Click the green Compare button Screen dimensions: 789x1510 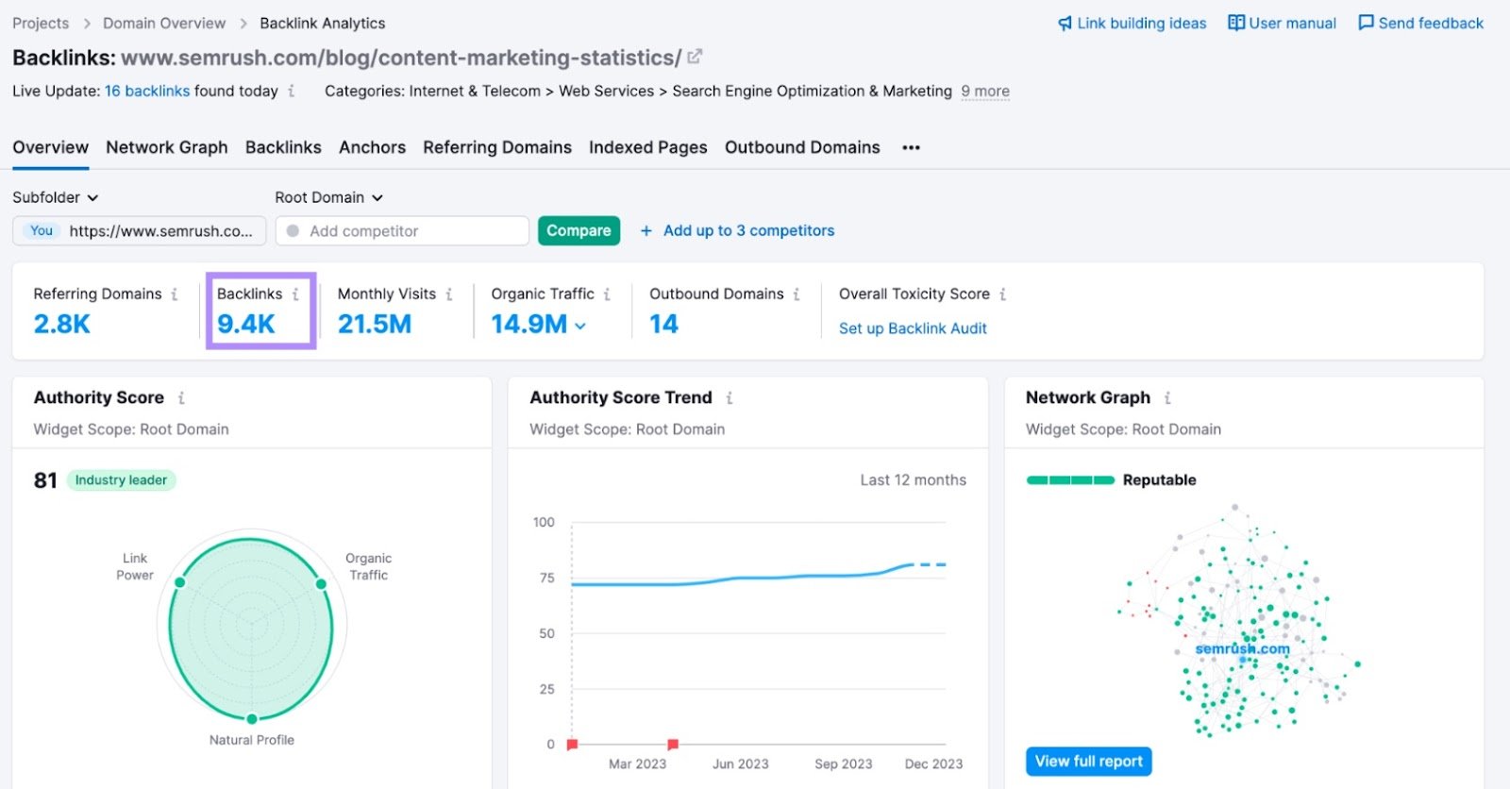click(x=579, y=230)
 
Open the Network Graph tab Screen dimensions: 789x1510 click(x=166, y=147)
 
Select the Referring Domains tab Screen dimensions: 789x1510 click(x=496, y=147)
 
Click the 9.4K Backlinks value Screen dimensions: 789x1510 click(x=246, y=325)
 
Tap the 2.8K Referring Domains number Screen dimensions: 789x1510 click(x=62, y=325)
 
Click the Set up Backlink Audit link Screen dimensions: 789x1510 click(x=913, y=328)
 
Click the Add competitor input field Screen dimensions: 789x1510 click(x=406, y=231)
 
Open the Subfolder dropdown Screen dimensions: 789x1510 click(x=55, y=197)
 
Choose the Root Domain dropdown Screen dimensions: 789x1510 click(x=328, y=197)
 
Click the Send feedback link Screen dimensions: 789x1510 click(x=1420, y=23)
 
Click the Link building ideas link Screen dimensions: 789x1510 click(x=1132, y=23)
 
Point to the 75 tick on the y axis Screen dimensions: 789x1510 click(x=546, y=578)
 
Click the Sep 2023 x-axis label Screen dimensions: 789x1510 click(x=843, y=764)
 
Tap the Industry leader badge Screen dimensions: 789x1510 click(x=121, y=480)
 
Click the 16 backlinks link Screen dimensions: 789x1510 click(x=147, y=91)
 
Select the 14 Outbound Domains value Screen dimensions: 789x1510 click(x=663, y=325)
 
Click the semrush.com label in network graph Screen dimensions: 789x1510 click(x=1242, y=648)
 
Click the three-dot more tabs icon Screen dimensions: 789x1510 click(x=911, y=147)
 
